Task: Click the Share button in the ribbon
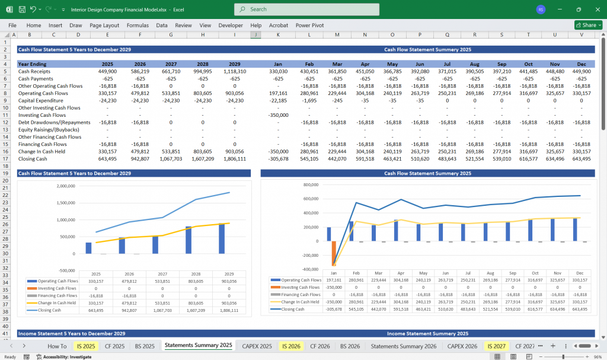pyautogui.click(x=588, y=25)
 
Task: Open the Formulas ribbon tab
pyautogui.click(x=138, y=26)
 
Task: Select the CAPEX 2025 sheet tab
pyautogui.click(x=257, y=346)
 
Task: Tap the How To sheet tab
pyautogui.click(x=57, y=346)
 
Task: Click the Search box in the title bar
pyautogui.click(x=306, y=9)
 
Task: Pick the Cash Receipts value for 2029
pyautogui.click(x=234, y=71)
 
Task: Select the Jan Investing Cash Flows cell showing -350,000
pyautogui.click(x=278, y=115)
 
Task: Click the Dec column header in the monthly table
pyautogui.click(x=582, y=64)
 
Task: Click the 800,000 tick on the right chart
pyautogui.click(x=311, y=184)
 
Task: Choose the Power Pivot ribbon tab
pyautogui.click(x=310, y=26)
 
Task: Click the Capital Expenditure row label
pyautogui.click(x=41, y=100)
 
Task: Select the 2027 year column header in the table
pyautogui.click(x=170, y=64)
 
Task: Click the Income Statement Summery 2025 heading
pyautogui.click(x=427, y=334)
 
